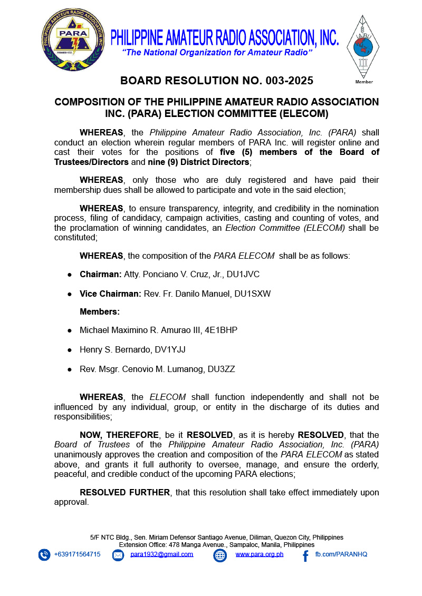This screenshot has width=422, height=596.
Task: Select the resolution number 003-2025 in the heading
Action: (286, 81)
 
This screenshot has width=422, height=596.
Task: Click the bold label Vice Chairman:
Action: (110, 294)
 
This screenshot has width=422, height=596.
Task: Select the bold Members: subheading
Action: (100, 312)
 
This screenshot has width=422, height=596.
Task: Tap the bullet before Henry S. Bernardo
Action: (70, 349)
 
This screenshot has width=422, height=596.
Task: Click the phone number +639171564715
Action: (77, 554)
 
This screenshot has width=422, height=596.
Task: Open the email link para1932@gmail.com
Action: (161, 554)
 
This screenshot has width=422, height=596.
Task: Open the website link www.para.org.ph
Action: (259, 554)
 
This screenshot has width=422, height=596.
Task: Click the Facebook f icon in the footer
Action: (305, 555)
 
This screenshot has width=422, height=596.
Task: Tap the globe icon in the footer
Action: (220, 555)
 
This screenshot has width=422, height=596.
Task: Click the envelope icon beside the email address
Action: (118, 555)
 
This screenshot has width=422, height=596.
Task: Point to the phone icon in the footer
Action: (44, 555)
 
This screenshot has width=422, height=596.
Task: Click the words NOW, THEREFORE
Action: (119, 435)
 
